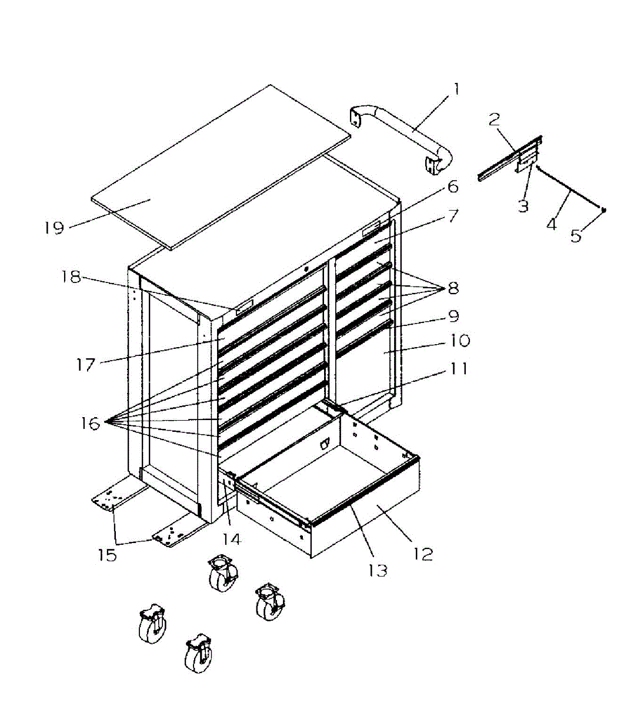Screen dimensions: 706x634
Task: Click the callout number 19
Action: click(54, 228)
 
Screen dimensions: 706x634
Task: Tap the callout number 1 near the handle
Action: click(456, 90)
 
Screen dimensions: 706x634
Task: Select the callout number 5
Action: click(576, 236)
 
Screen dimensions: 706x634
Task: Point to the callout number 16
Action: click(91, 423)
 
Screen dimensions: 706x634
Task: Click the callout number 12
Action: click(423, 554)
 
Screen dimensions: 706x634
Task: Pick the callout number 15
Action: click(108, 555)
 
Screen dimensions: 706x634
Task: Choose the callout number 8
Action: click(453, 288)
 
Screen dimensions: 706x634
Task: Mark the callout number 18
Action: click(72, 277)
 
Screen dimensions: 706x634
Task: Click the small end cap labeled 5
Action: click(603, 209)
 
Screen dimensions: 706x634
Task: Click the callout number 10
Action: click(460, 341)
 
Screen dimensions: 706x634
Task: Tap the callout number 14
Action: click(231, 539)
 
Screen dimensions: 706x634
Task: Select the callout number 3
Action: click(523, 206)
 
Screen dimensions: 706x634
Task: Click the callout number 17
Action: click(86, 365)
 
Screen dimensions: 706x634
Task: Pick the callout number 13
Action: click(378, 570)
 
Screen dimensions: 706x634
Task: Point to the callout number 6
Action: click(452, 187)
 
